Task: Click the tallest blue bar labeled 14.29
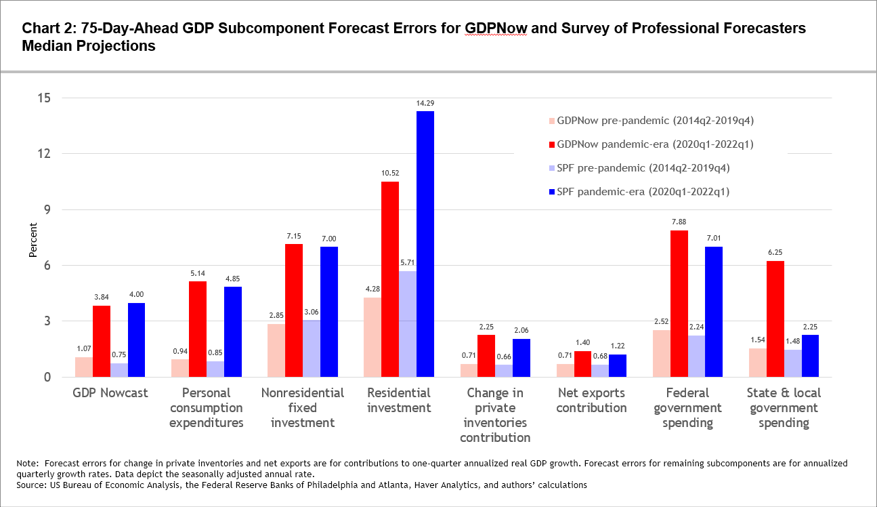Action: [425, 244]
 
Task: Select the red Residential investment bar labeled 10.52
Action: [390, 279]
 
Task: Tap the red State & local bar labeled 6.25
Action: [775, 319]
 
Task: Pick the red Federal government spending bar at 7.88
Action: [679, 304]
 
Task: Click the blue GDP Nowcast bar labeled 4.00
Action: [137, 340]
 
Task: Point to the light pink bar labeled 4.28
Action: [372, 337]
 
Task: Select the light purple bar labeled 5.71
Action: [408, 324]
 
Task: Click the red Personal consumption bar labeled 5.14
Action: [198, 329]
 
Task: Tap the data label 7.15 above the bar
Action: [294, 235]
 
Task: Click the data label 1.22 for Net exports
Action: [618, 346]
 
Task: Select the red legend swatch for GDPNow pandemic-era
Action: [551, 145]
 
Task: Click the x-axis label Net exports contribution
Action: [592, 400]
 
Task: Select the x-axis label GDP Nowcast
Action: [110, 393]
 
